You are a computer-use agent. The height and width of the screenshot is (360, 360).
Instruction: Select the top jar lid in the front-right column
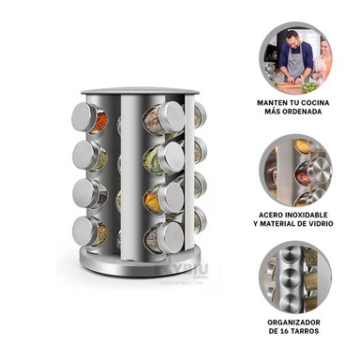click(x=171, y=117)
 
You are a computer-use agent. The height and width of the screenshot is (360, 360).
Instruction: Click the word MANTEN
click(x=273, y=100)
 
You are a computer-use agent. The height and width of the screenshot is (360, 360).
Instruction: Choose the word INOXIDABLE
click(x=320, y=213)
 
